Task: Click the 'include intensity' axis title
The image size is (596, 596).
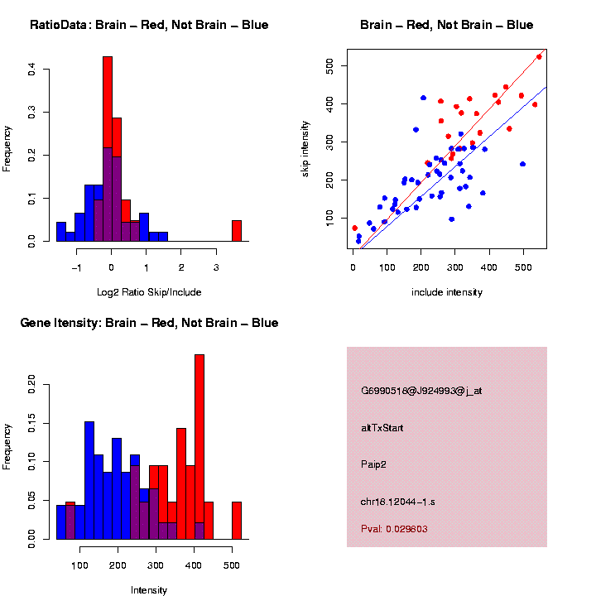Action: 446,292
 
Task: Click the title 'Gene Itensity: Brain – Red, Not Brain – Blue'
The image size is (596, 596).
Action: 149,323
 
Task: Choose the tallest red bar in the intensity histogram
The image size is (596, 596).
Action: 199,447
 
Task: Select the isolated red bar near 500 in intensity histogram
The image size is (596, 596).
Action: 237,521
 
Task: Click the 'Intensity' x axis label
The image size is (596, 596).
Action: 149,590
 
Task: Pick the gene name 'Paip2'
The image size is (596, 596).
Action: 373,464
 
